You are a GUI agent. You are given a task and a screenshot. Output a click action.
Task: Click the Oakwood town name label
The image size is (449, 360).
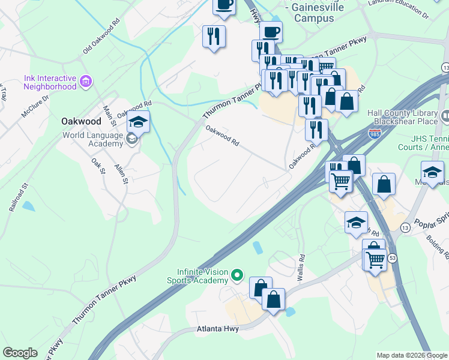[x=81, y=121]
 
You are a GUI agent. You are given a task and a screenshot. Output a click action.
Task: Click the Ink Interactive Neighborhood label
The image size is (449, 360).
[x=50, y=82]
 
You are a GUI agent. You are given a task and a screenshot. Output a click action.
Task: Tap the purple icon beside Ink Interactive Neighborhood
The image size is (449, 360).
[x=86, y=81]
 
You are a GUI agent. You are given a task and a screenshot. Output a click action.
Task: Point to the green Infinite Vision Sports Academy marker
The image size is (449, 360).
[x=237, y=276]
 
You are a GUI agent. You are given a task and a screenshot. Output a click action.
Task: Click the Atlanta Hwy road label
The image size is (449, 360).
[x=218, y=329]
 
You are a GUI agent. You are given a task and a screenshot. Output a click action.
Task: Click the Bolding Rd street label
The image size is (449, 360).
[x=436, y=247]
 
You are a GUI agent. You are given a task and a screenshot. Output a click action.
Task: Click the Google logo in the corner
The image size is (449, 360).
[x=20, y=353]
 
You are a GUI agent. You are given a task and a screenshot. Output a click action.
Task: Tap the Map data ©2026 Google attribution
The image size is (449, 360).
[x=412, y=355]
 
